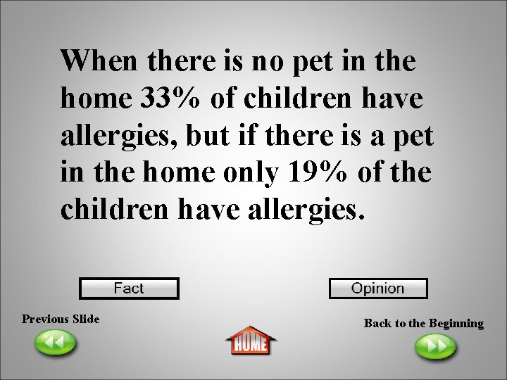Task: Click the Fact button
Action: tap(129, 289)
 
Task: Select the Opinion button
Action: tap(378, 289)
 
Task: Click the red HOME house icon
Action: tap(251, 341)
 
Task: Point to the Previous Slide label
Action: tap(61, 319)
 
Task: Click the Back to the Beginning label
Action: tap(423, 323)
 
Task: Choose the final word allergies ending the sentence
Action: tap(305, 210)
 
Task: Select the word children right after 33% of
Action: tap(296, 99)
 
